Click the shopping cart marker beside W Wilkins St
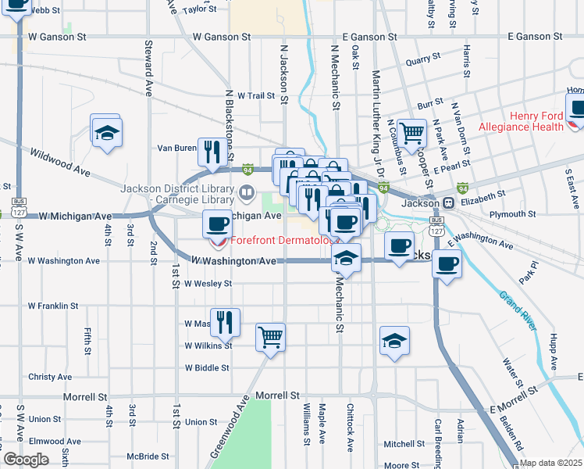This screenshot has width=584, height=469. coord(270,338)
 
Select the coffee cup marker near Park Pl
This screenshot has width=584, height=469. coord(447,263)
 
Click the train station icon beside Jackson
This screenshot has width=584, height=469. coord(449,202)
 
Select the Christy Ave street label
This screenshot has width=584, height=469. coord(49,377)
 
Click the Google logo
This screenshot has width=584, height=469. coord(26,460)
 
